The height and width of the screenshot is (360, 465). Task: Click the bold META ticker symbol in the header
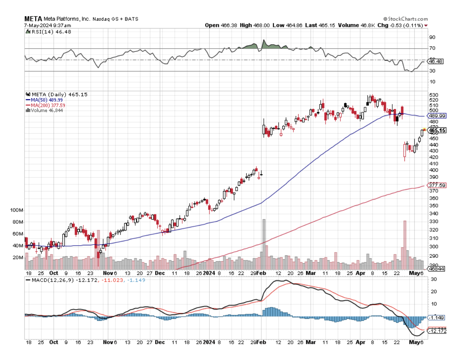coord(32,19)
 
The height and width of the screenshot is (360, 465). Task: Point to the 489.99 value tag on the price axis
coord(437,116)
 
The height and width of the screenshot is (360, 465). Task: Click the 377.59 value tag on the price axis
coord(437,185)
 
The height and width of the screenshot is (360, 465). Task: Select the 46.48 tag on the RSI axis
coord(437,61)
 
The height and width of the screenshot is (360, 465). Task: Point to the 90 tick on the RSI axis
coord(432,37)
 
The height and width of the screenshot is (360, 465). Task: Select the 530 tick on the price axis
coord(433,95)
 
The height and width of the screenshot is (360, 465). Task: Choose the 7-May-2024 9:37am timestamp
coord(42,25)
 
